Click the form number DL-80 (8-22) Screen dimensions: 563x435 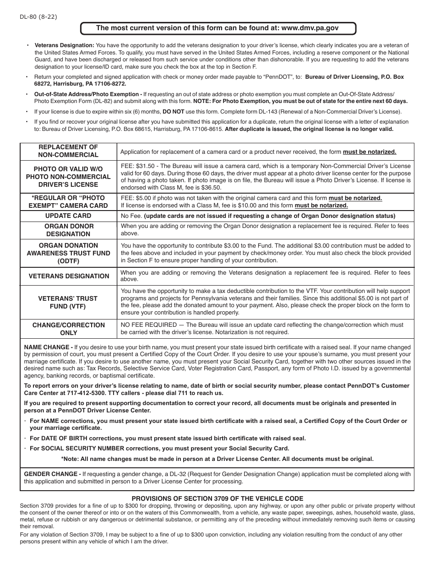[38, 17]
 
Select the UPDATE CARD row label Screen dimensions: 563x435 [68, 216]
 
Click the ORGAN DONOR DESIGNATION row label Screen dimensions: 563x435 [68, 230]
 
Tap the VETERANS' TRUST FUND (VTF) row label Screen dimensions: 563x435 [68, 302]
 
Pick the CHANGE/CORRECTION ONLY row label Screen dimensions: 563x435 [68, 329]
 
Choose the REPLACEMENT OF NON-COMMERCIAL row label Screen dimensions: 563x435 [68, 151]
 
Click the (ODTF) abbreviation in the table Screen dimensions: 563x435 [68, 261]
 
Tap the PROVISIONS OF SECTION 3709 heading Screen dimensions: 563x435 [217, 498]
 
